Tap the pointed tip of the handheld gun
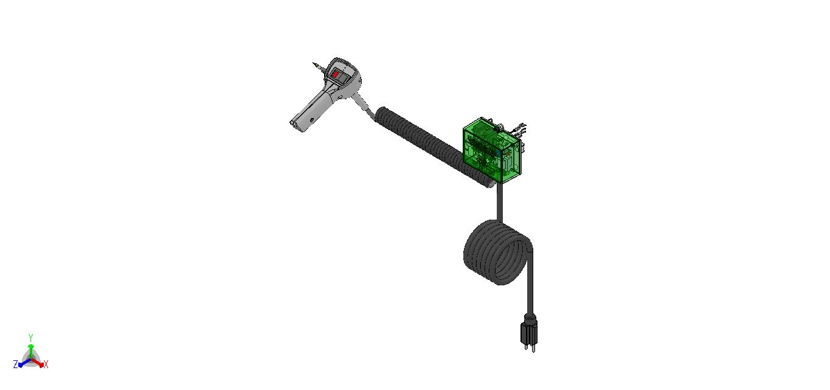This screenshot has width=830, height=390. pyautogui.click(x=314, y=63)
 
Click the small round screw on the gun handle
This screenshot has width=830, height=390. pyautogui.click(x=312, y=120)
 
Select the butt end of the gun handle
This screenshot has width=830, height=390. pyautogui.click(x=298, y=126)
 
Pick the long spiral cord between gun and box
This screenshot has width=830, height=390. pyautogui.click(x=434, y=147)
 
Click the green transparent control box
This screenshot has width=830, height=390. pyautogui.click(x=492, y=150)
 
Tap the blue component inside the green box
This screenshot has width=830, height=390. pyautogui.click(x=499, y=152)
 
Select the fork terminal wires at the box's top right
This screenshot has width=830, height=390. pyautogui.click(x=518, y=128)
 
